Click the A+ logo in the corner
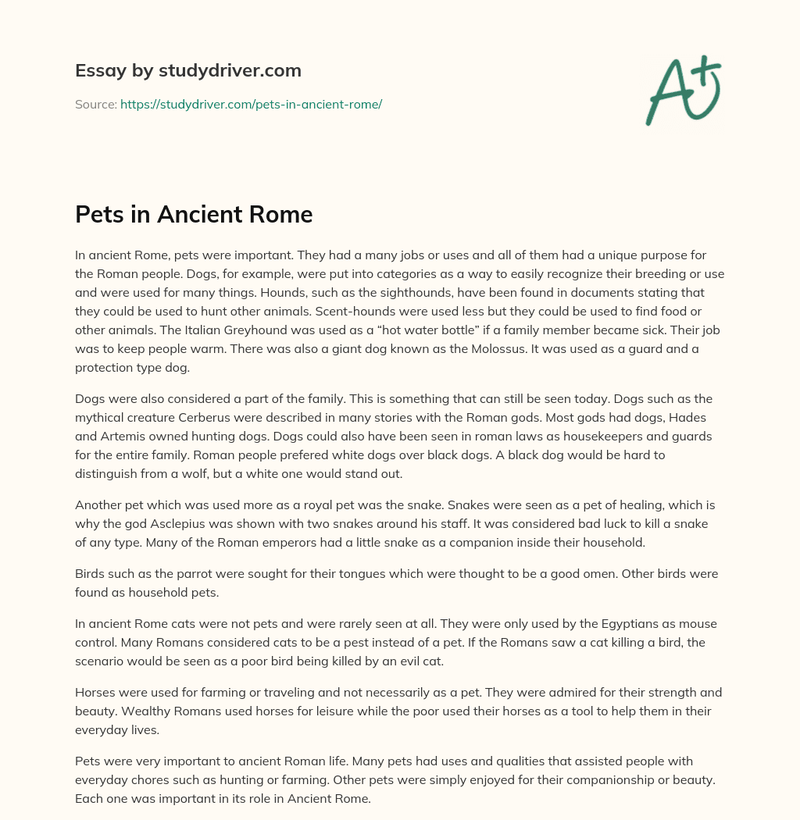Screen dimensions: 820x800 [x=683, y=91]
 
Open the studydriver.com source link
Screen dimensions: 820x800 [x=251, y=104]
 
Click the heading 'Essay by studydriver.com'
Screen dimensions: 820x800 [x=187, y=70]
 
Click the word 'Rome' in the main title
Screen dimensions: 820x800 [x=283, y=215]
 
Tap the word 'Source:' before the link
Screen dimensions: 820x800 [x=95, y=104]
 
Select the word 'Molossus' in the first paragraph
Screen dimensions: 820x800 [x=494, y=349]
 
